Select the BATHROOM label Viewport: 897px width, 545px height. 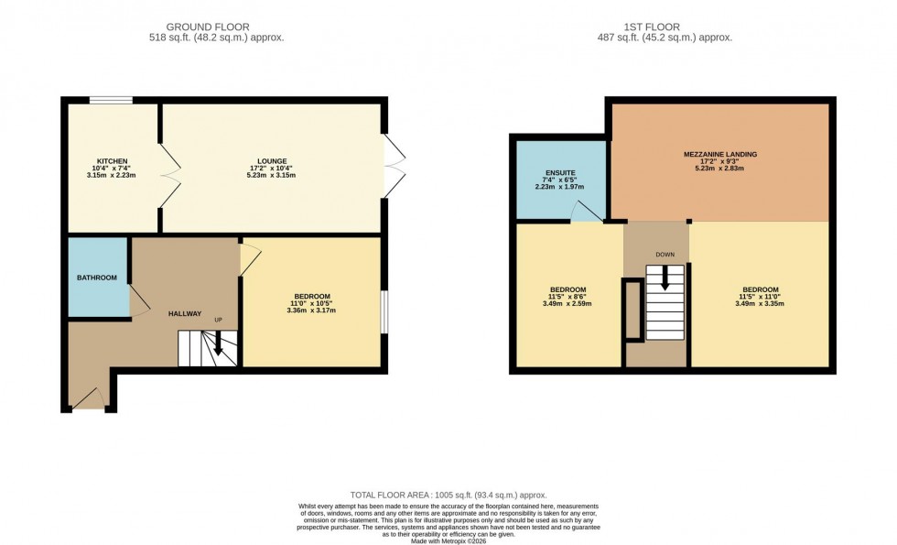point(96,278)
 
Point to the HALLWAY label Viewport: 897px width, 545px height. point(185,314)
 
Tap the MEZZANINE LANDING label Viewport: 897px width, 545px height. point(719,154)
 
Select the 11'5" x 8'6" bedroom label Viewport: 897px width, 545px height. point(567,289)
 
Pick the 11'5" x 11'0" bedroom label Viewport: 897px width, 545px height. point(761,289)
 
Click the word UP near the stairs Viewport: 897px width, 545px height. point(218,320)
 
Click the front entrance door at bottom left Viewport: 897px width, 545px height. point(90,400)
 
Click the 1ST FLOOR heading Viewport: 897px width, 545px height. point(673,27)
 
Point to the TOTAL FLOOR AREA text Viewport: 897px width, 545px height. point(448,493)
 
